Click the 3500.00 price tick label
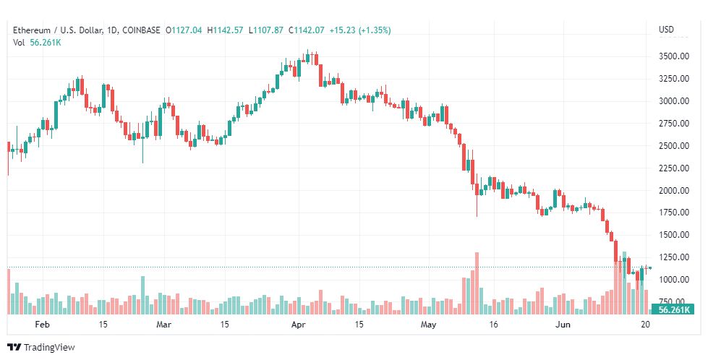tap(674, 56)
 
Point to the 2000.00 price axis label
tap(674, 190)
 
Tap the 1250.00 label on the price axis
tap(674, 257)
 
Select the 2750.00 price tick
tap(674, 123)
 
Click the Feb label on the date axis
tap(42, 325)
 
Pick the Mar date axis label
tap(163, 325)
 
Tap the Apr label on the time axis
tap(299, 325)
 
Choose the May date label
tap(428, 325)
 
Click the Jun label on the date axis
tap(563, 325)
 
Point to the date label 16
tap(493, 325)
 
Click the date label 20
tap(646, 325)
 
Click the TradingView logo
tap(41, 348)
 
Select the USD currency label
tap(666, 30)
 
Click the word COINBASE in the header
tap(141, 30)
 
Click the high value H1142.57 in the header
tap(225, 30)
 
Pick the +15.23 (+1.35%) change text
tap(360, 30)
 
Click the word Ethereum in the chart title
tap(32, 30)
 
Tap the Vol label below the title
tap(19, 43)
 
